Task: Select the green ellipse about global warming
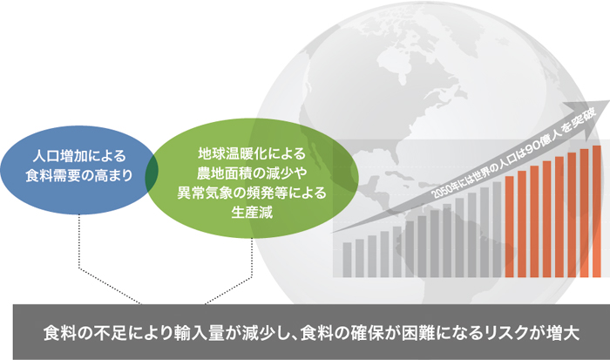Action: pos(252,178)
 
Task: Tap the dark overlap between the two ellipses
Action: pos(152,177)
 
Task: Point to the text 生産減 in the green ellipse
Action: pos(252,212)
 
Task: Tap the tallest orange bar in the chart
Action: pos(597,211)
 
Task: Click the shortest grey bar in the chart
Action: pos(347,260)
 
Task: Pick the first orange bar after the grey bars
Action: pos(509,227)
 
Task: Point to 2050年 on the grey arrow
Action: pos(446,190)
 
